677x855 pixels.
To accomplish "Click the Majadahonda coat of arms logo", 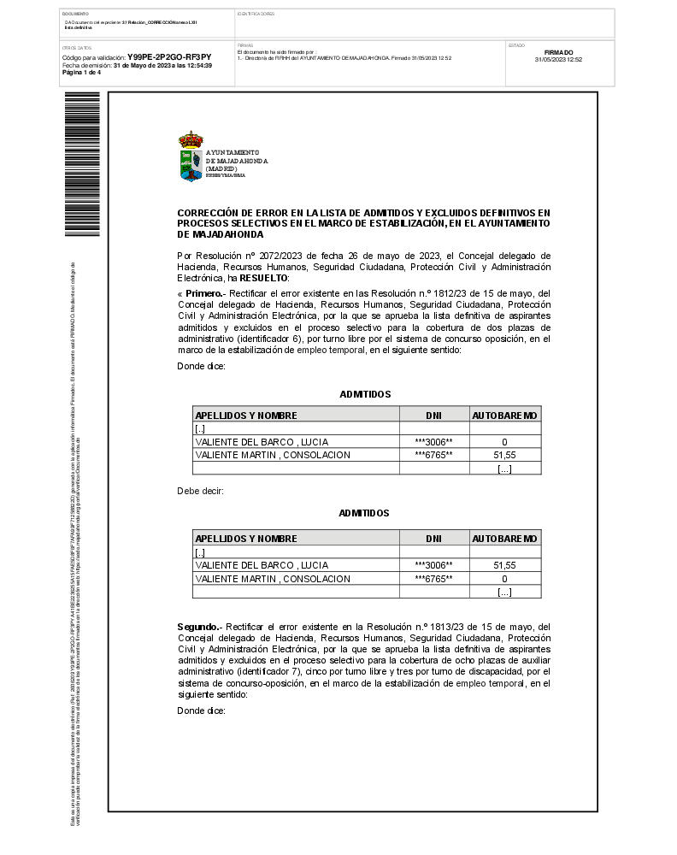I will [191, 156].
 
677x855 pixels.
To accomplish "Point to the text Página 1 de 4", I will [81, 73].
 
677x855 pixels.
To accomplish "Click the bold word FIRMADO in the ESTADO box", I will [558, 53].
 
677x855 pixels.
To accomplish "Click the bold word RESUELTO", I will [264, 278].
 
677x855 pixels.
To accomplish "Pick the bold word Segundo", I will [198, 626].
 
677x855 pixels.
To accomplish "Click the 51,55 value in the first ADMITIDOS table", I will [504, 455].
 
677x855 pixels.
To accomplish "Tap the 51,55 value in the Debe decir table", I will [504, 565].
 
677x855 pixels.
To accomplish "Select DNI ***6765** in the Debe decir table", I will [433, 579].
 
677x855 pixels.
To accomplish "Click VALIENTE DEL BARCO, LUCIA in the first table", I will [262, 442].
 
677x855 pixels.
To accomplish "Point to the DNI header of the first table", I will [433, 416].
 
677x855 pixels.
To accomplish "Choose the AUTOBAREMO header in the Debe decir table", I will [504, 539].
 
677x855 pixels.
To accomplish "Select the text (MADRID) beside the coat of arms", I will [220, 168].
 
